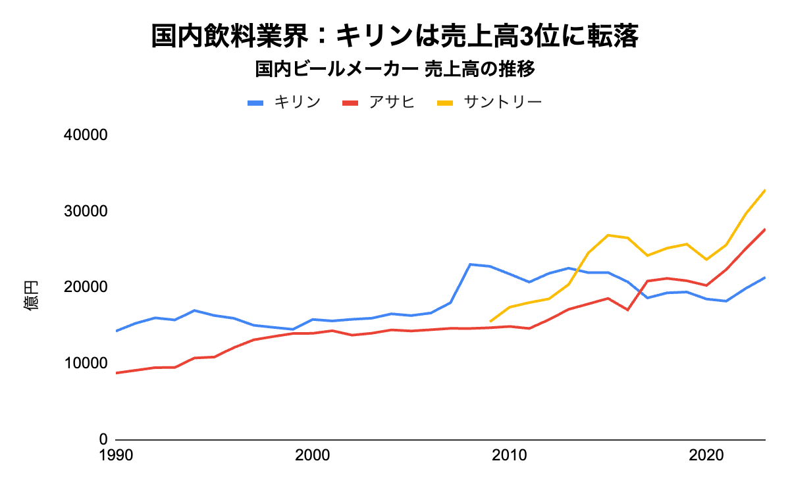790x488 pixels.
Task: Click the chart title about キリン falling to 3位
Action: tap(394, 36)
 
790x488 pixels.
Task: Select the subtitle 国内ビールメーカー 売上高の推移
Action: tap(394, 68)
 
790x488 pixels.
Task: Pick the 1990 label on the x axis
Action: tap(116, 455)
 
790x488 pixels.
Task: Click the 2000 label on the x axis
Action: tap(313, 455)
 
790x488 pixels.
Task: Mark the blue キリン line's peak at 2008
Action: tap(469, 264)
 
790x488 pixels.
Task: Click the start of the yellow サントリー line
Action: tap(490, 321)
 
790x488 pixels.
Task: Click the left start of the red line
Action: tap(117, 373)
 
